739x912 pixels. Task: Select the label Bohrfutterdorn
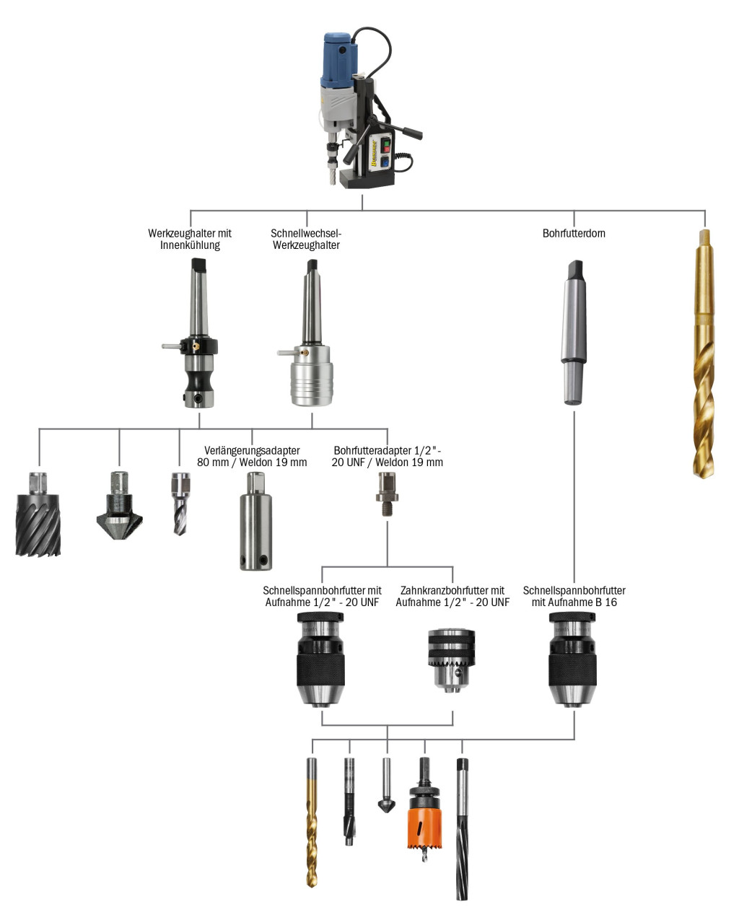pos(574,234)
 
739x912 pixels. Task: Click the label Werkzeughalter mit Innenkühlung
pos(190,239)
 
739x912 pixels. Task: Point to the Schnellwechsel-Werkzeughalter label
pos(305,239)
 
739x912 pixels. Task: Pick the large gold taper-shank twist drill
pos(704,354)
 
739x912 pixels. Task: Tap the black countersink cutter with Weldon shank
pos(119,509)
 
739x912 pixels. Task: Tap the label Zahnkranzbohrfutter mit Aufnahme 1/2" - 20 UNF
pos(452,596)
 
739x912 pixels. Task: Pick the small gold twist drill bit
pos(312,823)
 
